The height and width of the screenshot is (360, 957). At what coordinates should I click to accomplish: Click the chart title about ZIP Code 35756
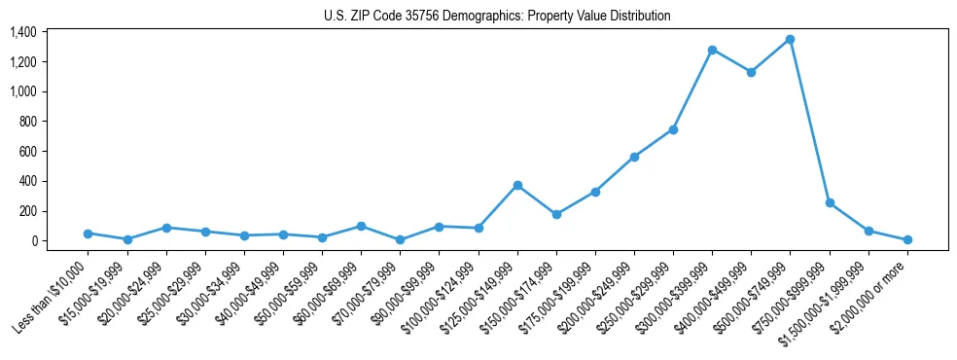tap(497, 16)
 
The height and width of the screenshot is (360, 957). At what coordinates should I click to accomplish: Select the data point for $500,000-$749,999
tap(790, 39)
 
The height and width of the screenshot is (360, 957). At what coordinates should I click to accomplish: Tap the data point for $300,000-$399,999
tap(712, 50)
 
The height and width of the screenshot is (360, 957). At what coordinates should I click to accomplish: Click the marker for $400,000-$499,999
tap(751, 72)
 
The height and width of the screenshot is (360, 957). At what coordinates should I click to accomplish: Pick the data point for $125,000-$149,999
tap(517, 185)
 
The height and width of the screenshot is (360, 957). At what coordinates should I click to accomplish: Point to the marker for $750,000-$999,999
tap(830, 202)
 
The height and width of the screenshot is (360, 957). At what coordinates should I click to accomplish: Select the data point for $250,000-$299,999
tap(673, 129)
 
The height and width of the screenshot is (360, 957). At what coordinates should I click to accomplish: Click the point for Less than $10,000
tap(89, 234)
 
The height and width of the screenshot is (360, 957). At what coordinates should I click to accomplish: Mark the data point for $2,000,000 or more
tap(907, 239)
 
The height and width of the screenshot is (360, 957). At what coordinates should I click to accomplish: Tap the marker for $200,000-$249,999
tap(634, 157)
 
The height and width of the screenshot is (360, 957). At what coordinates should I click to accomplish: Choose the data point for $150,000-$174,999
tap(556, 214)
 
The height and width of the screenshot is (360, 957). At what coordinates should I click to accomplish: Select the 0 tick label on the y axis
tap(33, 241)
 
